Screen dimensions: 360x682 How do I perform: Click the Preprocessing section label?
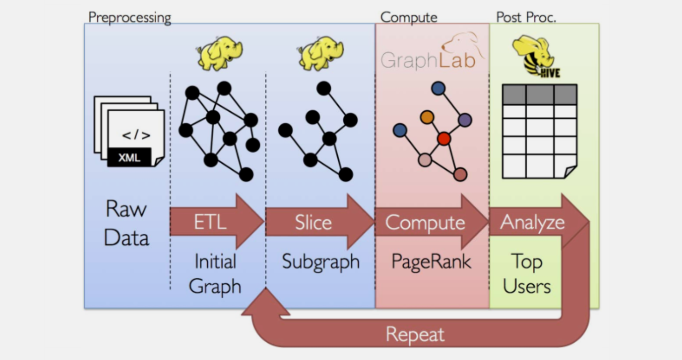(130, 18)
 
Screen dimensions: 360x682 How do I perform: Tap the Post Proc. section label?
(526, 18)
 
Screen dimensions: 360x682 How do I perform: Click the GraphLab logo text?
(428, 60)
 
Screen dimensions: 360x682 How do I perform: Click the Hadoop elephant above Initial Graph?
(219, 53)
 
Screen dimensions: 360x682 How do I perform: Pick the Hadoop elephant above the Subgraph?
(320, 53)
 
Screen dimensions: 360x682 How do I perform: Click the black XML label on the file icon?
(129, 158)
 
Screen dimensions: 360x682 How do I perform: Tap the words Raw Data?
(126, 223)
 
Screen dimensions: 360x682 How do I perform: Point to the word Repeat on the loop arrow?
(415, 335)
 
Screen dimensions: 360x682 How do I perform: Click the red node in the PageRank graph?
(443, 138)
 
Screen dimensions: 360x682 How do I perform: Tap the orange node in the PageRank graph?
(427, 117)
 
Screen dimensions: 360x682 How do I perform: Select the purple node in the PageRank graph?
(464, 120)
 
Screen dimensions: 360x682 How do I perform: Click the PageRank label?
(431, 261)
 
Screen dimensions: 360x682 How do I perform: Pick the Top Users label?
(527, 274)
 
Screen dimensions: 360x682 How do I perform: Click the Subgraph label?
(321, 262)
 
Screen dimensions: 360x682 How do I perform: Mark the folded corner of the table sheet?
(571, 172)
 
